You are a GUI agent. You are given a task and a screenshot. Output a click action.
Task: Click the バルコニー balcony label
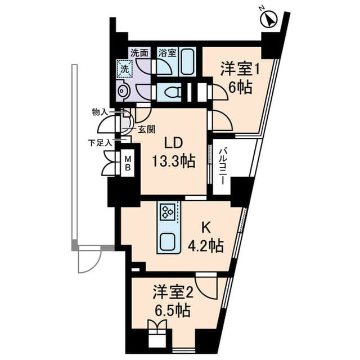click(223, 166)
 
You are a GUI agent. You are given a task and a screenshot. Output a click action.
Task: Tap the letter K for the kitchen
click(206, 227)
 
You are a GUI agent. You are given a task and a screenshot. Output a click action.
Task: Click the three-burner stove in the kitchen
click(167, 212)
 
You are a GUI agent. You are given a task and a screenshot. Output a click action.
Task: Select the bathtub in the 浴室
click(187, 62)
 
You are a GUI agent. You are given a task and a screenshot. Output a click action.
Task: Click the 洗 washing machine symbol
click(123, 69)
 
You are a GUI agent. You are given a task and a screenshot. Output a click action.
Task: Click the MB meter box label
click(128, 163)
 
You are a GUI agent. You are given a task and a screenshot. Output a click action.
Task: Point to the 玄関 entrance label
click(146, 129)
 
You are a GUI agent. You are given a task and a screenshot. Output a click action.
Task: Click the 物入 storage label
click(100, 112)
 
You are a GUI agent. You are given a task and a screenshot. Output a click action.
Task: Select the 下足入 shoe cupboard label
click(100, 142)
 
